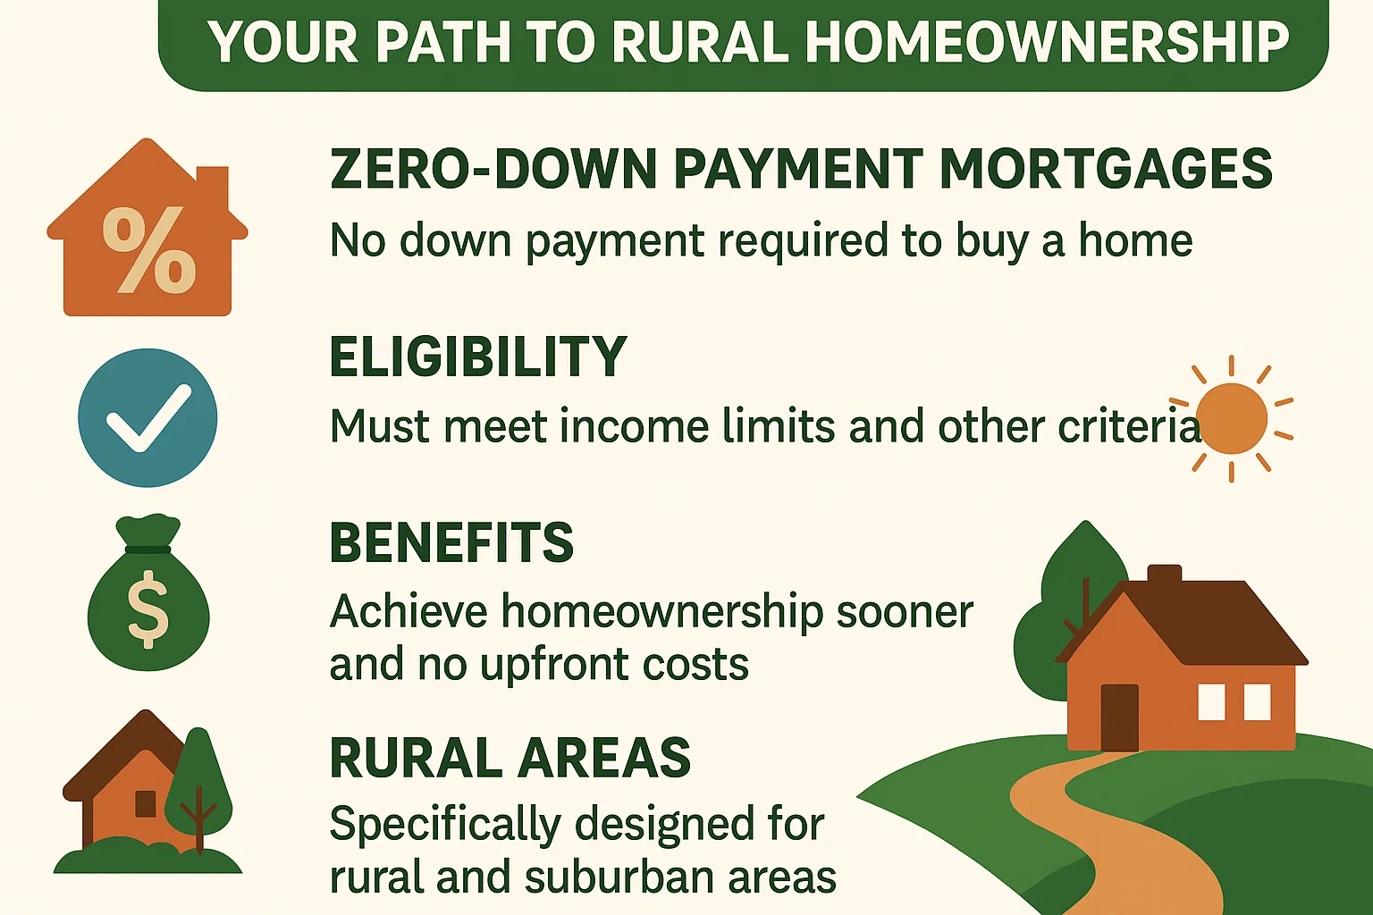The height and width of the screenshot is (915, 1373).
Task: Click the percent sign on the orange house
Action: [149, 250]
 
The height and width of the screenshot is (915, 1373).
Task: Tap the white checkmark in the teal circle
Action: [147, 417]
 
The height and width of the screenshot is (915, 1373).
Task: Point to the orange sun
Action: [1231, 419]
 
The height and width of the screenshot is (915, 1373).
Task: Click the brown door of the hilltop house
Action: [1119, 717]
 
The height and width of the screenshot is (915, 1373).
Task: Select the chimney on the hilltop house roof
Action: [1164, 574]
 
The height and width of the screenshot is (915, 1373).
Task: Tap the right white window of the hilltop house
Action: [1258, 701]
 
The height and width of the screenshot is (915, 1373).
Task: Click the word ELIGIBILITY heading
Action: [478, 357]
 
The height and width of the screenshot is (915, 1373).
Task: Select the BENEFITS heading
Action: [451, 542]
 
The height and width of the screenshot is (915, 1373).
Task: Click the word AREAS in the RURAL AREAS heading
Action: [604, 759]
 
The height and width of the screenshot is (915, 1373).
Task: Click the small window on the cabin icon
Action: [146, 803]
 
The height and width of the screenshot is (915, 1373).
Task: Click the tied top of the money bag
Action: [148, 533]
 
